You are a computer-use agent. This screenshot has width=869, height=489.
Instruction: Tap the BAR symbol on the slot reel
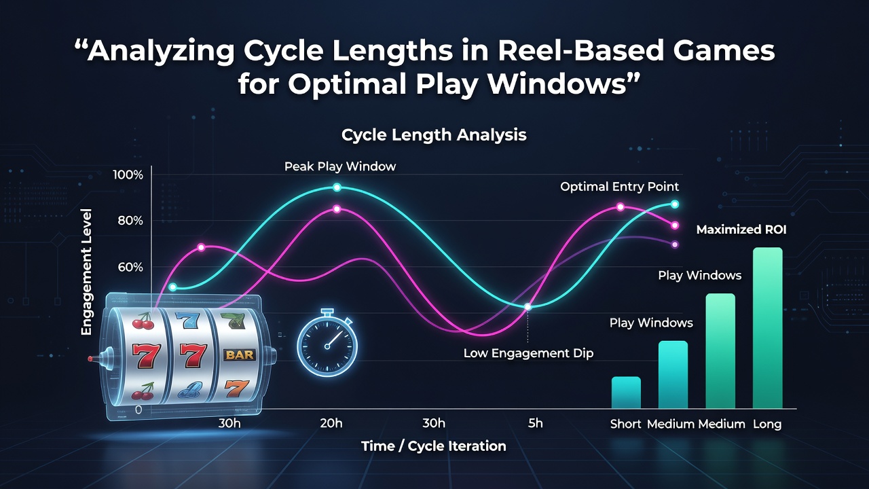(240, 355)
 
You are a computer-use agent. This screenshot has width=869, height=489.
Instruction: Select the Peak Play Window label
(340, 166)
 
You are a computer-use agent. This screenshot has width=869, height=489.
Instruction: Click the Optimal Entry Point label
(620, 187)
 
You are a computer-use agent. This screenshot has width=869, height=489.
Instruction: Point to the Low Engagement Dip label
(528, 353)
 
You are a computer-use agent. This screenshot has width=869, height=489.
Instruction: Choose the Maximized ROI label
(741, 230)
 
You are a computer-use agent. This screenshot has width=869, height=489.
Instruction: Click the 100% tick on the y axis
(128, 175)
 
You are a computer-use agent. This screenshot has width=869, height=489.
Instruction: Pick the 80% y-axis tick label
(130, 221)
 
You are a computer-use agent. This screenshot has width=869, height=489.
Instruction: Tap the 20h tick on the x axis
(331, 423)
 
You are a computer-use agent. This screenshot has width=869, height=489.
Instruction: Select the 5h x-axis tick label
(536, 423)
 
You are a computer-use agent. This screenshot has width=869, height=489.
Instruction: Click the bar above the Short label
(626, 393)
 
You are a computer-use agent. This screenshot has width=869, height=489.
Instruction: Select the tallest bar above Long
(767, 328)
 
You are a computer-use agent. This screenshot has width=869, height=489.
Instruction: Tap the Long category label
(767, 424)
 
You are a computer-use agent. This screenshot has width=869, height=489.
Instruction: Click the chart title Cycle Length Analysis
(434, 135)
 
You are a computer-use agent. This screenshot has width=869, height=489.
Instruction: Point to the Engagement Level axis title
(86, 272)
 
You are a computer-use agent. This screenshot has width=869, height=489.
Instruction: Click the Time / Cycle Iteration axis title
(434, 446)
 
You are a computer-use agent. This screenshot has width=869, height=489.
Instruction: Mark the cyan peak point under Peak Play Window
(337, 187)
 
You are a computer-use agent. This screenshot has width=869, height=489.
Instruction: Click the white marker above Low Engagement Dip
(528, 306)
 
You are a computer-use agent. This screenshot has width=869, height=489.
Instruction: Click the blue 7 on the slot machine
(188, 320)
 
